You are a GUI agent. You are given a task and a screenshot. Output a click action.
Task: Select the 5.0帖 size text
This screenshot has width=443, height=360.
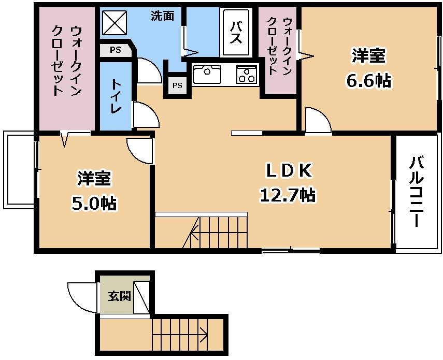(x=94, y=203)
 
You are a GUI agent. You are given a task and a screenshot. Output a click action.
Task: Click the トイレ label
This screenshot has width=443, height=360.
(x=116, y=96)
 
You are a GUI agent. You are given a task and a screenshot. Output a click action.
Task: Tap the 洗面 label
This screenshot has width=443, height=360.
(x=162, y=16)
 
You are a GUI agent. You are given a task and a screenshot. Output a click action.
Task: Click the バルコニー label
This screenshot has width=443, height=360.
(x=417, y=192)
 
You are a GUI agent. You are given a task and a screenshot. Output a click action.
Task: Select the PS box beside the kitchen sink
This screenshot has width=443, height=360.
(x=177, y=85)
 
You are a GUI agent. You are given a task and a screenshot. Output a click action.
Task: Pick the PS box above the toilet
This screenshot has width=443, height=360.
(x=115, y=50)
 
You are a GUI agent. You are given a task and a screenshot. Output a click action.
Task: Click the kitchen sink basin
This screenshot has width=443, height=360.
(x=207, y=74)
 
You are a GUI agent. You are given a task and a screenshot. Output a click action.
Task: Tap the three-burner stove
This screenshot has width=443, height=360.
(x=247, y=74)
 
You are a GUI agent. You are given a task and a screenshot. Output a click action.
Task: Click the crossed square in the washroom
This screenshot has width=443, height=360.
(x=115, y=22)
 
